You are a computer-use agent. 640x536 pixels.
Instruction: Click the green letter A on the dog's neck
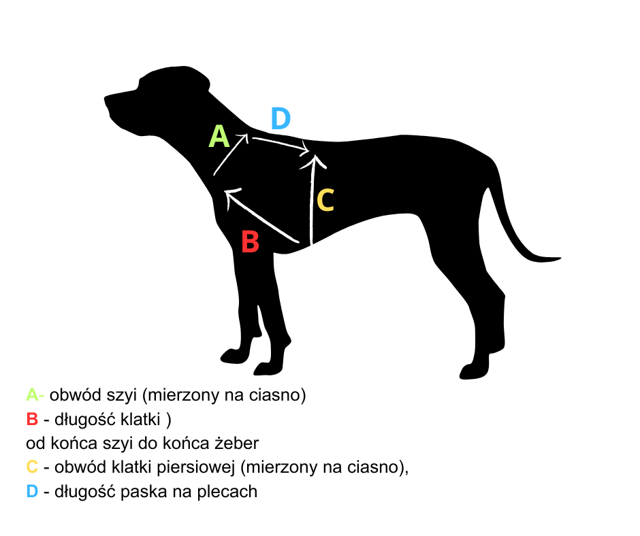point(219,136)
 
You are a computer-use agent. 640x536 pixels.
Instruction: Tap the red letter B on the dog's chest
point(250,241)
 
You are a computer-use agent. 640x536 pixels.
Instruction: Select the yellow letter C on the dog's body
point(325,200)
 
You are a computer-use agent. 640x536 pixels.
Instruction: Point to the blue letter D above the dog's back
point(281,118)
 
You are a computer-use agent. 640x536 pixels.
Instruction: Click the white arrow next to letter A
point(231,154)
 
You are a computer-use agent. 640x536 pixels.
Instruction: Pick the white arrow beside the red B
point(262,216)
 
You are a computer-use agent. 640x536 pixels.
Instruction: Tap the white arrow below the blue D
point(281,145)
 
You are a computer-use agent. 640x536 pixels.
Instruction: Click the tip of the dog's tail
point(560,258)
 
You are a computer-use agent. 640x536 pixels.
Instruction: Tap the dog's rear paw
point(474,372)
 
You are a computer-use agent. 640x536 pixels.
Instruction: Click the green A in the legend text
point(32,395)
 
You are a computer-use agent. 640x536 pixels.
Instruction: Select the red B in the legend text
point(32,419)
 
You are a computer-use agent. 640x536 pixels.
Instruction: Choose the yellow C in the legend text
point(32,467)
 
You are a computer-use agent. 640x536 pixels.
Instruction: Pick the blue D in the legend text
point(32,491)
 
